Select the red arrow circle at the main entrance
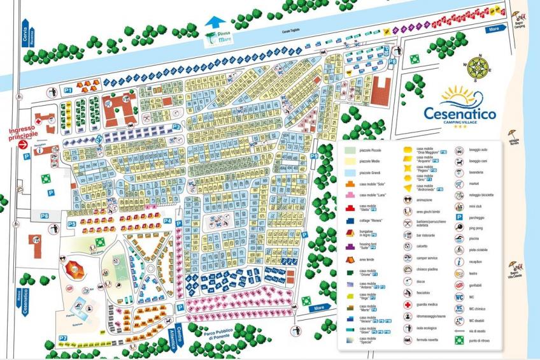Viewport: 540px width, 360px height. click(24, 145)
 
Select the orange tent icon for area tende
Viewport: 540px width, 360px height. click(350, 259)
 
